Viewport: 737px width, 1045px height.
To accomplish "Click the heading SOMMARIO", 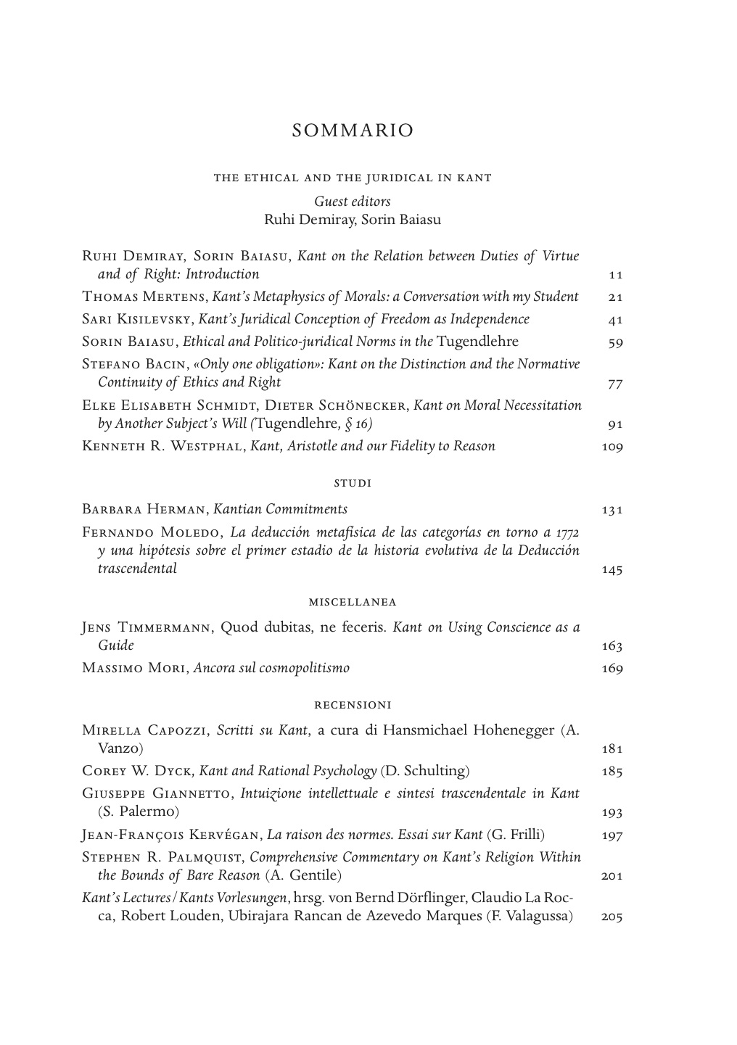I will click(x=353, y=131).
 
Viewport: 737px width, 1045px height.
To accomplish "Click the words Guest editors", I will click(x=353, y=202).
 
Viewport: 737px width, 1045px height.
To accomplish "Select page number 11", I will click(x=615, y=275).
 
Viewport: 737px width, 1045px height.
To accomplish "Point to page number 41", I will click(x=615, y=320).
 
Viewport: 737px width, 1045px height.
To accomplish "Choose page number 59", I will click(x=615, y=342).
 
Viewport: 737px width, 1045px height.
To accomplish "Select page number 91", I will click(x=615, y=425).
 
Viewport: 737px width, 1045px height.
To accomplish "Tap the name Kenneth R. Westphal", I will click(x=163, y=446).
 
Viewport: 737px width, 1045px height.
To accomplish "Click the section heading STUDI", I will click(x=353, y=483).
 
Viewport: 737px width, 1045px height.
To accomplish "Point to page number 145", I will click(x=612, y=570).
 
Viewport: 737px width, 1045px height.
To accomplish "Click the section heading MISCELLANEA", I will click(x=353, y=602).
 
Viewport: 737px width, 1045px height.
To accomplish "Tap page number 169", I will click(x=612, y=669).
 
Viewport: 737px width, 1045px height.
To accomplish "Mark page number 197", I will click(x=612, y=835).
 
